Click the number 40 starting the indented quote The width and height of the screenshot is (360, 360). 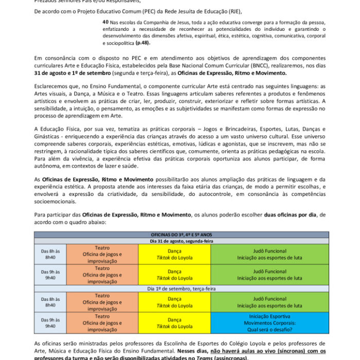point(105,22)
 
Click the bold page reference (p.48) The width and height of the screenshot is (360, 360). point(142,43)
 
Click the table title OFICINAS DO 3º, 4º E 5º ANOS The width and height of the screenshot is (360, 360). point(182,235)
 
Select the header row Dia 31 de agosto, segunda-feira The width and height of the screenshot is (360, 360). point(182,241)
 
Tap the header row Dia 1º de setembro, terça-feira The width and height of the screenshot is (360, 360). point(182,289)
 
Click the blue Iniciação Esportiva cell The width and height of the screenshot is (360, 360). point(269,323)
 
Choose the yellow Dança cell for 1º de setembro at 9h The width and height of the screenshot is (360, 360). point(174,323)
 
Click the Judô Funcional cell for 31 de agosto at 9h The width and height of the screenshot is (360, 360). point(269,275)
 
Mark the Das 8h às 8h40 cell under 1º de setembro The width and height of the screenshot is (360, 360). point(50,302)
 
